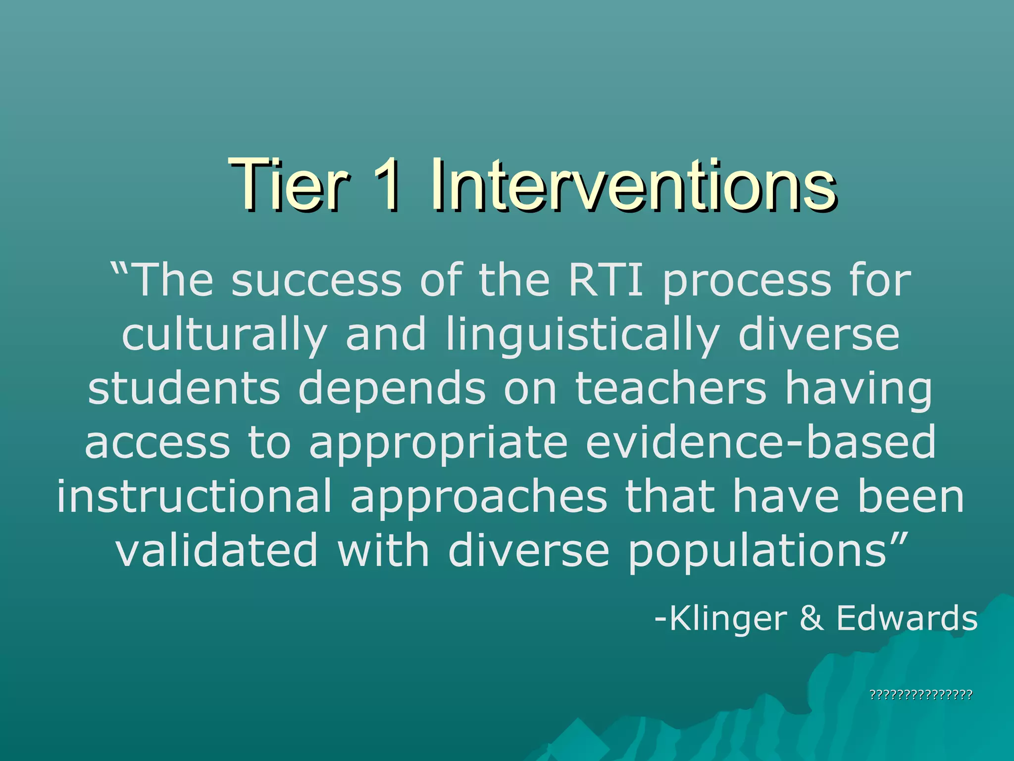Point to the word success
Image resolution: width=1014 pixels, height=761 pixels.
316,280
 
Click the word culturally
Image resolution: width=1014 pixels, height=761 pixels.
224,336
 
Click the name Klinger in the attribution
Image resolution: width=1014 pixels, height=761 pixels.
727,619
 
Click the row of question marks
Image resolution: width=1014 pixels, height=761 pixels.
921,695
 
